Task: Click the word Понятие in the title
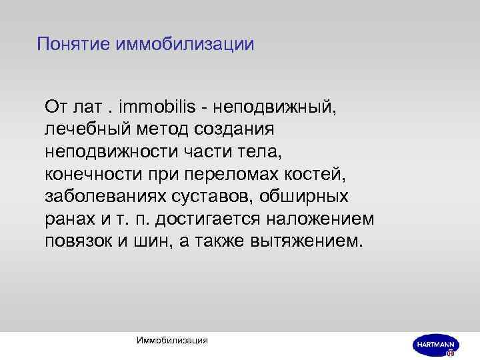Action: pos(74,45)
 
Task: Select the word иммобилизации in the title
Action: pos(185,45)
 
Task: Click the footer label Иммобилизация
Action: pos(172,340)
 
